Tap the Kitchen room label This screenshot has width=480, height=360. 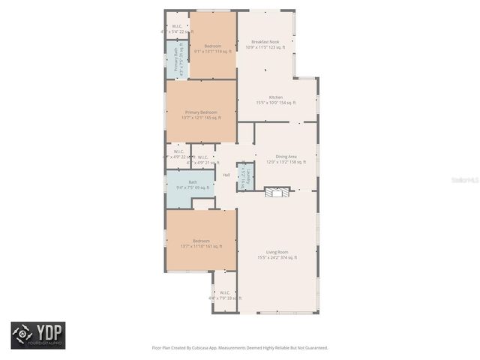pos(276,97)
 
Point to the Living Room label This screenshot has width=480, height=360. pos(277,252)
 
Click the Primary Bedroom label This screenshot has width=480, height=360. pos(201,112)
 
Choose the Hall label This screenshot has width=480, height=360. pos(226,175)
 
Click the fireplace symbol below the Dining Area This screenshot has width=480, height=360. pos(277,193)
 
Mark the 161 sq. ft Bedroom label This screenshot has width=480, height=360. pos(201,241)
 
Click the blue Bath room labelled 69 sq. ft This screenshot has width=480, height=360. pos(193,184)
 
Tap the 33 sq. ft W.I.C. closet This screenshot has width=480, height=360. pos(225,295)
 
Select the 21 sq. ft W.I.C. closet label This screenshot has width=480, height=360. pos(203,159)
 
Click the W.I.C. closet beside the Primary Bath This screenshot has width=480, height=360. pos(176,28)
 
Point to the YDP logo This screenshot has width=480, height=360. pos(37,334)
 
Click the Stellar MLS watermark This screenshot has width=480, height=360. pos(451,181)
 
